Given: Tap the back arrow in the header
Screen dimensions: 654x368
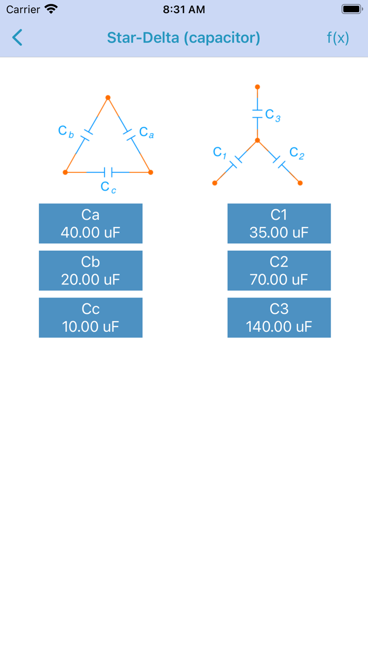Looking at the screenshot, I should pos(17,38).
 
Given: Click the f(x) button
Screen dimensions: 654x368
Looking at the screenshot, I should pos(338,38).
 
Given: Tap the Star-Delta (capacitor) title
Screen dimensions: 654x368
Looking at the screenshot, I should pos(183,38).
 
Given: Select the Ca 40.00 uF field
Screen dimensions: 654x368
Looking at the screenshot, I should pos(90,223).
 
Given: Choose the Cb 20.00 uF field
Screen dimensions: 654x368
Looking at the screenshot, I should pos(90,271).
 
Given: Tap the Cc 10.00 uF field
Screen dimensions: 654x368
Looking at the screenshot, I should pos(90,318).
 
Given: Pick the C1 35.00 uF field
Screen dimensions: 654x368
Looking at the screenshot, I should pos(279,223).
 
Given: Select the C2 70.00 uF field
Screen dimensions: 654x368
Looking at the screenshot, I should pos(279,271).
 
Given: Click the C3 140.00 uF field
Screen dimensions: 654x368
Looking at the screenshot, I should pos(279,318).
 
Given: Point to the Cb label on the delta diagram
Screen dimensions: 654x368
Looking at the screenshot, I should pos(66,131).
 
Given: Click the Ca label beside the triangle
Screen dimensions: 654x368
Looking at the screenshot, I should pos(146,132).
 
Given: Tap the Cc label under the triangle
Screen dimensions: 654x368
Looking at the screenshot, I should pos(108,187).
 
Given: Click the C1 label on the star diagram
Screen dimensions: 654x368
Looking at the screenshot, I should pos(219,152).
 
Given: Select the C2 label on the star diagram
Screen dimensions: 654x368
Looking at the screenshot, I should pos(297,153).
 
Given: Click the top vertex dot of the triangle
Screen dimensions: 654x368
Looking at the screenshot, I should pos(108,97).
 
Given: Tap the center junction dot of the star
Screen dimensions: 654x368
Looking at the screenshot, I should pos(257,140).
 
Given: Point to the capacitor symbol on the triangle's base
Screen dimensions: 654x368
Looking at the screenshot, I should pos(108,172).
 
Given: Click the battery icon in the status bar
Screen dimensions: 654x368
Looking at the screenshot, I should pos(352,9).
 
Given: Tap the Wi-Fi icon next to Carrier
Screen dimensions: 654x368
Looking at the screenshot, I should pos(51,9).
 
